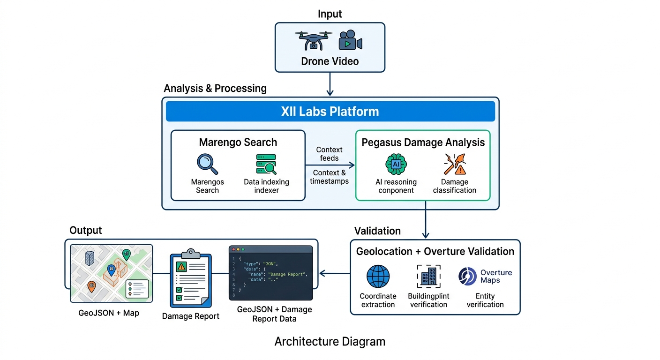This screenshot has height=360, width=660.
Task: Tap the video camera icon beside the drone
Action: pyautogui.click(x=350, y=41)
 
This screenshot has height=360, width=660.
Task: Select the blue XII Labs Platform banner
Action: pyautogui.click(x=330, y=112)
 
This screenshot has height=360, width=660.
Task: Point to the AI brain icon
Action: pyautogui.click(x=396, y=165)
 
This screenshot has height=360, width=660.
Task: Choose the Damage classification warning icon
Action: pyautogui.click(x=454, y=165)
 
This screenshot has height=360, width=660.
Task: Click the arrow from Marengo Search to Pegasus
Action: pyautogui.click(x=330, y=165)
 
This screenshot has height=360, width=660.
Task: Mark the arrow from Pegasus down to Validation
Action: pyautogui.click(x=426, y=220)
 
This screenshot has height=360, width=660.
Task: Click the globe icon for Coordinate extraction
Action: pyautogui.click(x=378, y=277)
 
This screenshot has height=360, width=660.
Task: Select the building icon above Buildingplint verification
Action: pyautogui.click(x=428, y=276)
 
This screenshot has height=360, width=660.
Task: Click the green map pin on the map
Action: pyautogui.click(x=126, y=255)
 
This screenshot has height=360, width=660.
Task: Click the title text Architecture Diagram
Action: pyautogui.click(x=330, y=342)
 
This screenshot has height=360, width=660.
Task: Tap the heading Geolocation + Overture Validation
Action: pyautogui.click(x=435, y=252)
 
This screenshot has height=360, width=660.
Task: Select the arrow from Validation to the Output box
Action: pyautogui.click(x=334, y=273)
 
